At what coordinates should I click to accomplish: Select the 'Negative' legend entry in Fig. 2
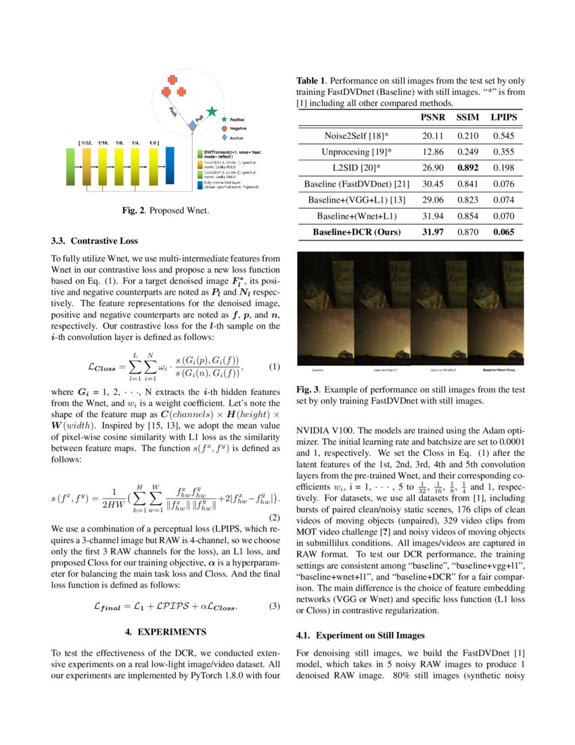pyautogui.click(x=237, y=128)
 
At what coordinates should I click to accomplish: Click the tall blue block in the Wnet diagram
pyautogui.click(x=170, y=165)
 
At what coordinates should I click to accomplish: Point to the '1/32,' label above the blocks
pyautogui.click(x=86, y=144)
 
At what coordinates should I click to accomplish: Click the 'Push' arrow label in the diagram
pyautogui.click(x=172, y=112)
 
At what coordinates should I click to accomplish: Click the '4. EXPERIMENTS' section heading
pyautogui.click(x=166, y=632)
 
